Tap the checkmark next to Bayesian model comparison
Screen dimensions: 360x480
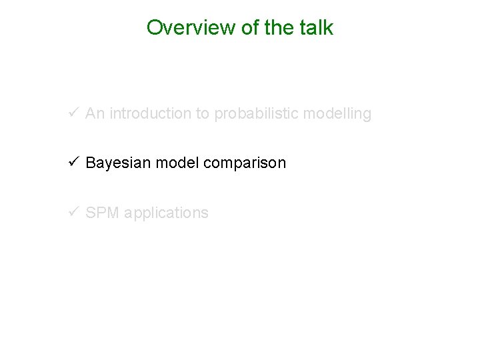click(x=75, y=163)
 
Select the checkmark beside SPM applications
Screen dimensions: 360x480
click(x=75, y=213)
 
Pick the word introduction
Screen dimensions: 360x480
click(x=150, y=114)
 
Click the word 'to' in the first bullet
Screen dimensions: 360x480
click(x=203, y=114)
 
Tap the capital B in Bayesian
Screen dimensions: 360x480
click(x=91, y=163)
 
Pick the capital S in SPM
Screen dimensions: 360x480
click(x=91, y=213)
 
